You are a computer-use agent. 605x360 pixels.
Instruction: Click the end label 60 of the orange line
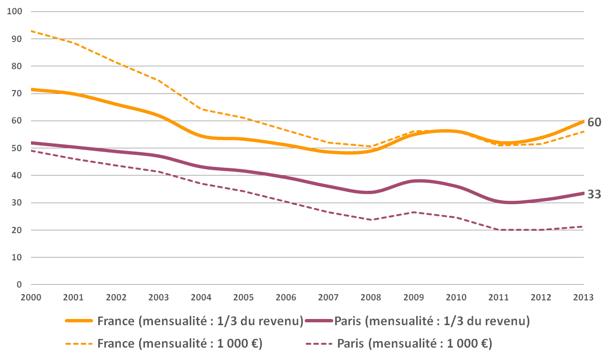coord(594,122)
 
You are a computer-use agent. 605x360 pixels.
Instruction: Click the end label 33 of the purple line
coord(594,195)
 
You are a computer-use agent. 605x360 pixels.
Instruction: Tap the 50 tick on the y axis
coord(17,148)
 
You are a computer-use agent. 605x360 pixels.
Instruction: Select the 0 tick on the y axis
coord(20,285)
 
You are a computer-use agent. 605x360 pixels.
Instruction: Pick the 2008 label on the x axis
coord(371,297)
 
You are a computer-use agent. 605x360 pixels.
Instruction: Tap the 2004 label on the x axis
coord(201,297)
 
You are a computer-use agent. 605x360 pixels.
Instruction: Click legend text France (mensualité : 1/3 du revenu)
coord(201,321)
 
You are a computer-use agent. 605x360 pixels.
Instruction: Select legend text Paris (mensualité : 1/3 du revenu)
coord(432,321)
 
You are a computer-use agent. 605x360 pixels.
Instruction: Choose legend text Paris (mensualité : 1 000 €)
coord(415,343)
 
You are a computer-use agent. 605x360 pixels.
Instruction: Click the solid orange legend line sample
coord(79,321)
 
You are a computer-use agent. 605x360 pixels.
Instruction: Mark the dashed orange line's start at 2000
coord(31,31)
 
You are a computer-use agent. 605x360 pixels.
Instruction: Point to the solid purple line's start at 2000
coord(31,143)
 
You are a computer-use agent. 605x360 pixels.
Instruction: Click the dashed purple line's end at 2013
coord(583,226)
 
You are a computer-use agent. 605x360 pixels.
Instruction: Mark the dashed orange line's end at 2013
coord(583,132)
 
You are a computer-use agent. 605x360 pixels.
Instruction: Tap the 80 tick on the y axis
coord(17,66)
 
